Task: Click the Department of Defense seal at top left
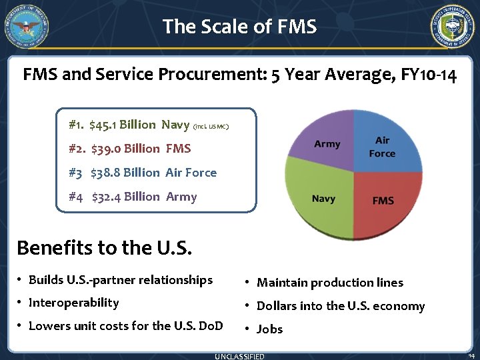click(x=27, y=27)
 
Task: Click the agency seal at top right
click(x=453, y=27)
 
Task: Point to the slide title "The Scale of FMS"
click(x=239, y=27)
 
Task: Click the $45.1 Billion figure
click(x=122, y=125)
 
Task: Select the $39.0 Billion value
click(x=125, y=149)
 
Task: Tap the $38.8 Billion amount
click(x=125, y=173)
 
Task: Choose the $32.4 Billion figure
click(x=125, y=197)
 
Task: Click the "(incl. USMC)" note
click(x=211, y=126)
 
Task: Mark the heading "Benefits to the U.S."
click(x=104, y=248)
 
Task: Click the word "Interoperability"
click(x=74, y=303)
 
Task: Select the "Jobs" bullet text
click(x=270, y=329)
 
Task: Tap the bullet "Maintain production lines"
click(x=330, y=283)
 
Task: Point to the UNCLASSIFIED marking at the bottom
click(x=239, y=356)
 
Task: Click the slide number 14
click(x=471, y=355)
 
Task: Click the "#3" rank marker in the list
click(x=75, y=173)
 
